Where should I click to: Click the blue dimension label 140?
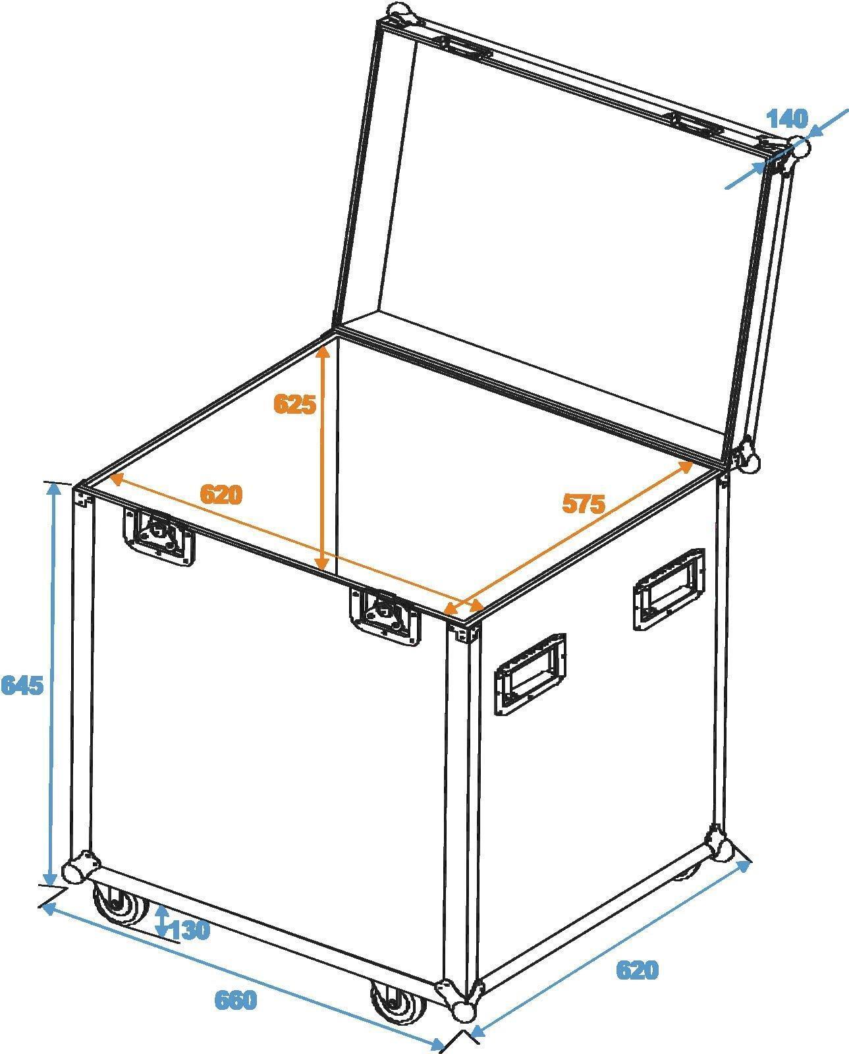[x=787, y=119]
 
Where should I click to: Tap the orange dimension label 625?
[x=295, y=403]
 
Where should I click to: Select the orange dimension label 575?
[x=583, y=503]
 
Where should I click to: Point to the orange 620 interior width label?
[x=221, y=494]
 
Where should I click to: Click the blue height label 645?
[x=22, y=686]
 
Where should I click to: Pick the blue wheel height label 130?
[x=190, y=930]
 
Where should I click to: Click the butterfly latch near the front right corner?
[x=384, y=613]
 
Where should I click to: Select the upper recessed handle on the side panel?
[x=669, y=588]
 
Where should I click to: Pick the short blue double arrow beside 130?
[x=161, y=921]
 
